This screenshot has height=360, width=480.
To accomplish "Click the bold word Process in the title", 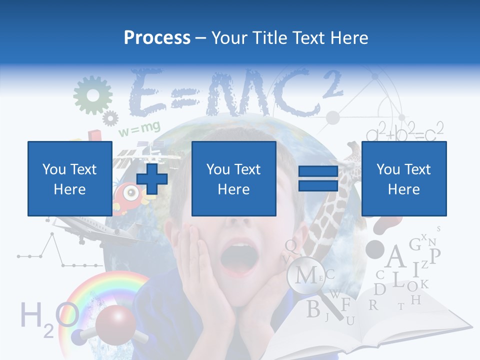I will (x=157, y=37).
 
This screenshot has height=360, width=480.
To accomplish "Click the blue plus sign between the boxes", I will (x=152, y=179).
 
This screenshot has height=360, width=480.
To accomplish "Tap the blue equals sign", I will (x=318, y=179).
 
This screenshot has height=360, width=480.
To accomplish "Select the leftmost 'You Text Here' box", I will (x=69, y=178).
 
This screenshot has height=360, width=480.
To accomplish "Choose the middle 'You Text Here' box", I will (x=233, y=178).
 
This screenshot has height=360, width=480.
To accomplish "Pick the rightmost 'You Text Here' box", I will (x=403, y=178).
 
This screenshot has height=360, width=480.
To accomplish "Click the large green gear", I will (x=92, y=95).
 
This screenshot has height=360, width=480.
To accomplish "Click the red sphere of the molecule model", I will (x=113, y=325).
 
